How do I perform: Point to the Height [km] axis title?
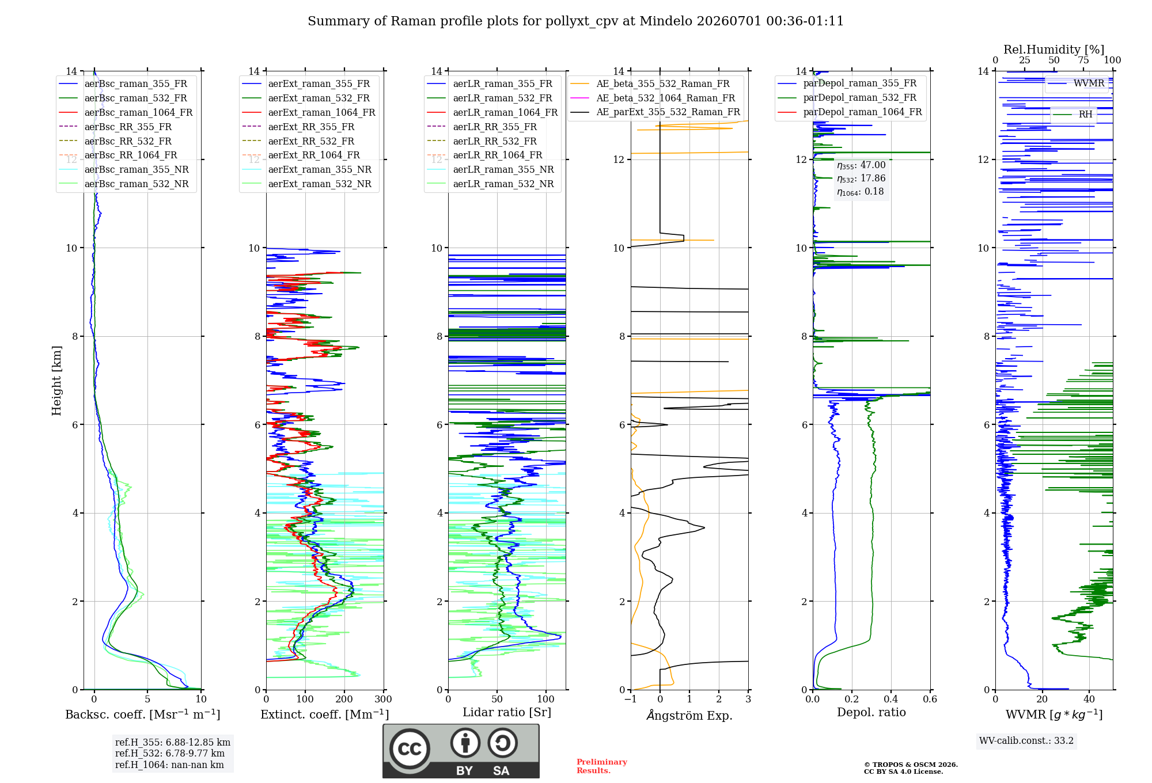56,381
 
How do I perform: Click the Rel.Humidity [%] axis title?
1054,50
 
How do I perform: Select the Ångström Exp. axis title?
689,715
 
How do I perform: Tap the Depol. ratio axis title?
871,712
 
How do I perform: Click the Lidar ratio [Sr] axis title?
507,712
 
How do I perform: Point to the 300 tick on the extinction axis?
383,699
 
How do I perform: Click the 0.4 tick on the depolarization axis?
890,699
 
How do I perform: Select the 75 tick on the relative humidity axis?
1083,60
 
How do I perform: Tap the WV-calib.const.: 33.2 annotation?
1026,740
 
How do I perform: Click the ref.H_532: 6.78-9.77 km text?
170,753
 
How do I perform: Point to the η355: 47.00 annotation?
861,165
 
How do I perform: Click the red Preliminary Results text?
601,766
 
